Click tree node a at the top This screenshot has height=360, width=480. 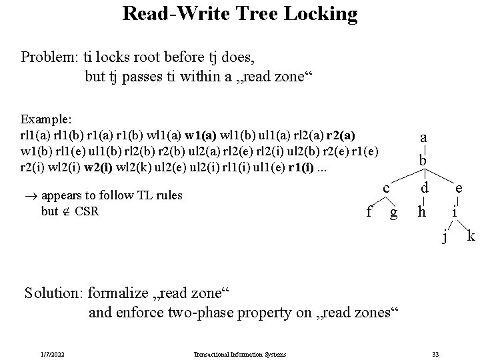pyautogui.click(x=423, y=137)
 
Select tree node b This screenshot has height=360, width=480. pyautogui.click(x=423, y=161)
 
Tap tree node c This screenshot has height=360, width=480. pyautogui.click(x=385, y=189)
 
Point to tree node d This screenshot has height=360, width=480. pyautogui.click(x=423, y=189)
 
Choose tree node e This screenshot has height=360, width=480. pyautogui.click(x=459, y=189)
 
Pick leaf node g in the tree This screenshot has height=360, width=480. pyautogui.click(x=394, y=213)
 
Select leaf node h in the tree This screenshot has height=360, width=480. pyautogui.click(x=421, y=212)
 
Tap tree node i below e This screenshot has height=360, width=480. pyautogui.click(x=453, y=213)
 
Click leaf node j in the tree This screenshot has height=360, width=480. pyautogui.click(x=445, y=236)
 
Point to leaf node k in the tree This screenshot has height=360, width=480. pyautogui.click(x=471, y=235)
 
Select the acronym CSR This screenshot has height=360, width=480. pyautogui.click(x=87, y=211)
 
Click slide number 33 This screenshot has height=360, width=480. pyautogui.click(x=435, y=353)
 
